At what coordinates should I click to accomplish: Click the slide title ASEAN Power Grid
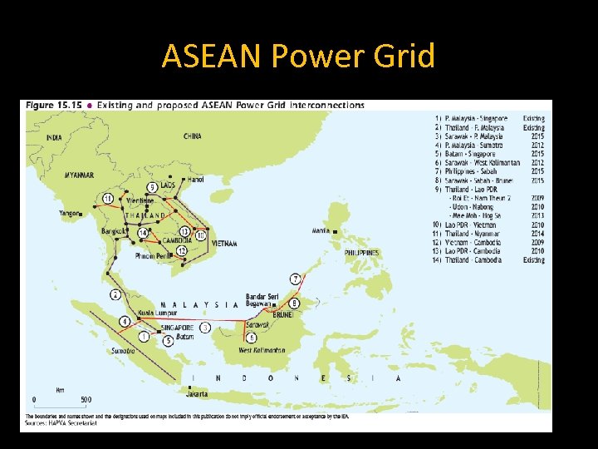pyautogui.click(x=298, y=57)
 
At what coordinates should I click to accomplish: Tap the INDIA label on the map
pyautogui.click(x=54, y=137)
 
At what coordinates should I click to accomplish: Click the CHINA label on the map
pyautogui.click(x=193, y=136)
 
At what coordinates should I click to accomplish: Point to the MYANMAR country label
pyautogui.click(x=79, y=175)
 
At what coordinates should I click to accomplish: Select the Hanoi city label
pyautogui.click(x=196, y=179)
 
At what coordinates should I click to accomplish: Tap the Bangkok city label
pyautogui.click(x=115, y=229)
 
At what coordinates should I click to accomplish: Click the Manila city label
pyautogui.click(x=321, y=230)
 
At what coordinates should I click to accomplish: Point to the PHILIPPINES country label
pyautogui.click(x=362, y=253)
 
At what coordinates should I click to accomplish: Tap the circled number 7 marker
pyautogui.click(x=295, y=279)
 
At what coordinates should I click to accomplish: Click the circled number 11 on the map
pyautogui.click(x=109, y=198)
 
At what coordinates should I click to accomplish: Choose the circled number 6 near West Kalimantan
pyautogui.click(x=252, y=338)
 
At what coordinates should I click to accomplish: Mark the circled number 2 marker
pyautogui.click(x=115, y=294)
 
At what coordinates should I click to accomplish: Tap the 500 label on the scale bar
pyautogui.click(x=86, y=399)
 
